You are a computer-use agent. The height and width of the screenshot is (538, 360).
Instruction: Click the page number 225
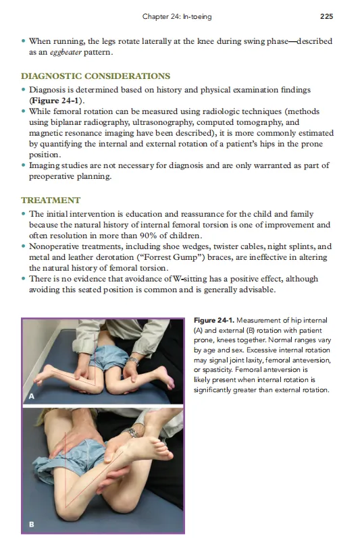pyautogui.click(x=326, y=16)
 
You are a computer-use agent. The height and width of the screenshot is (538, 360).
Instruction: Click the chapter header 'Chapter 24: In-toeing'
pyautogui.click(x=177, y=16)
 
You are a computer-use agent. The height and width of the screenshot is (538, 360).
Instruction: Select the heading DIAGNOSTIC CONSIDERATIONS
pyautogui.click(x=95, y=76)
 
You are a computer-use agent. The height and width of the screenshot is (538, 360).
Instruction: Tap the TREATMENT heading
pyautogui.click(x=51, y=200)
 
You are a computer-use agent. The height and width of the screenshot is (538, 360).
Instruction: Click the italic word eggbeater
pyautogui.click(x=66, y=53)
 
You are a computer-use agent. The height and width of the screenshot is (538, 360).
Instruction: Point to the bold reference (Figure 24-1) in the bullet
pyautogui.click(x=55, y=101)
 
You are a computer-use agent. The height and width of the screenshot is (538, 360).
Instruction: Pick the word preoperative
pyautogui.click(x=51, y=176)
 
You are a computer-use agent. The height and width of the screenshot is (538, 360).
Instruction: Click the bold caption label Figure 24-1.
pyautogui.click(x=214, y=320)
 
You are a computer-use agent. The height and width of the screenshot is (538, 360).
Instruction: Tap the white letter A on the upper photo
pyautogui.click(x=32, y=396)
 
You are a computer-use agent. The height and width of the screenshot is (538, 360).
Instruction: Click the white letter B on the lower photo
pyautogui.click(x=32, y=524)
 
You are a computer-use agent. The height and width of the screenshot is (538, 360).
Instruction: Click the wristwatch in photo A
pyautogui.click(x=133, y=361)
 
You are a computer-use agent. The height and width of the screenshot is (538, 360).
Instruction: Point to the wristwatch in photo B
pyautogui.click(x=132, y=432)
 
